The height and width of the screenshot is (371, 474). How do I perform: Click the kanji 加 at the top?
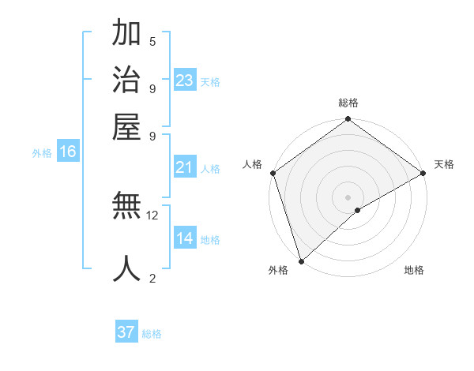tap(126, 35)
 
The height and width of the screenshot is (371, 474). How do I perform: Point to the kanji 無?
tap(126, 208)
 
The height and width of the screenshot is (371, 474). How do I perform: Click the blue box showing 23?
tap(185, 81)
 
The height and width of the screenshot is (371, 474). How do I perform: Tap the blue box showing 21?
tap(185, 167)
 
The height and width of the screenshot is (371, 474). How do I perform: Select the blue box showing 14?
tap(185, 238)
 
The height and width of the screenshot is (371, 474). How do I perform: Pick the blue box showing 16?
tap(68, 152)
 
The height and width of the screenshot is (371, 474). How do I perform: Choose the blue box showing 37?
tap(126, 332)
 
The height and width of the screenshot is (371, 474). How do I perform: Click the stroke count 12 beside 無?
tap(152, 215)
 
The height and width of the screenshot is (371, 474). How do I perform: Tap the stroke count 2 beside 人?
tap(152, 277)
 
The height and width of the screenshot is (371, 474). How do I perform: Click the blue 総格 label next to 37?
tap(152, 334)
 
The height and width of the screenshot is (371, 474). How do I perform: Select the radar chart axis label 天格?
tap(444, 164)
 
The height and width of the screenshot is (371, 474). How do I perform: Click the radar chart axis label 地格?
tap(414, 270)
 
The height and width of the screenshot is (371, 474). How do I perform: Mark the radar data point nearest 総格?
tap(348, 120)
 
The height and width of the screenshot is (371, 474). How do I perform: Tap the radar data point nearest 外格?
tap(301, 260)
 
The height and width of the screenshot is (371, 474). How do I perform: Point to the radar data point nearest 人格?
tap(273, 173)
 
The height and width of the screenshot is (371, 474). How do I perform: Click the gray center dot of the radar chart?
tap(348, 197)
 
